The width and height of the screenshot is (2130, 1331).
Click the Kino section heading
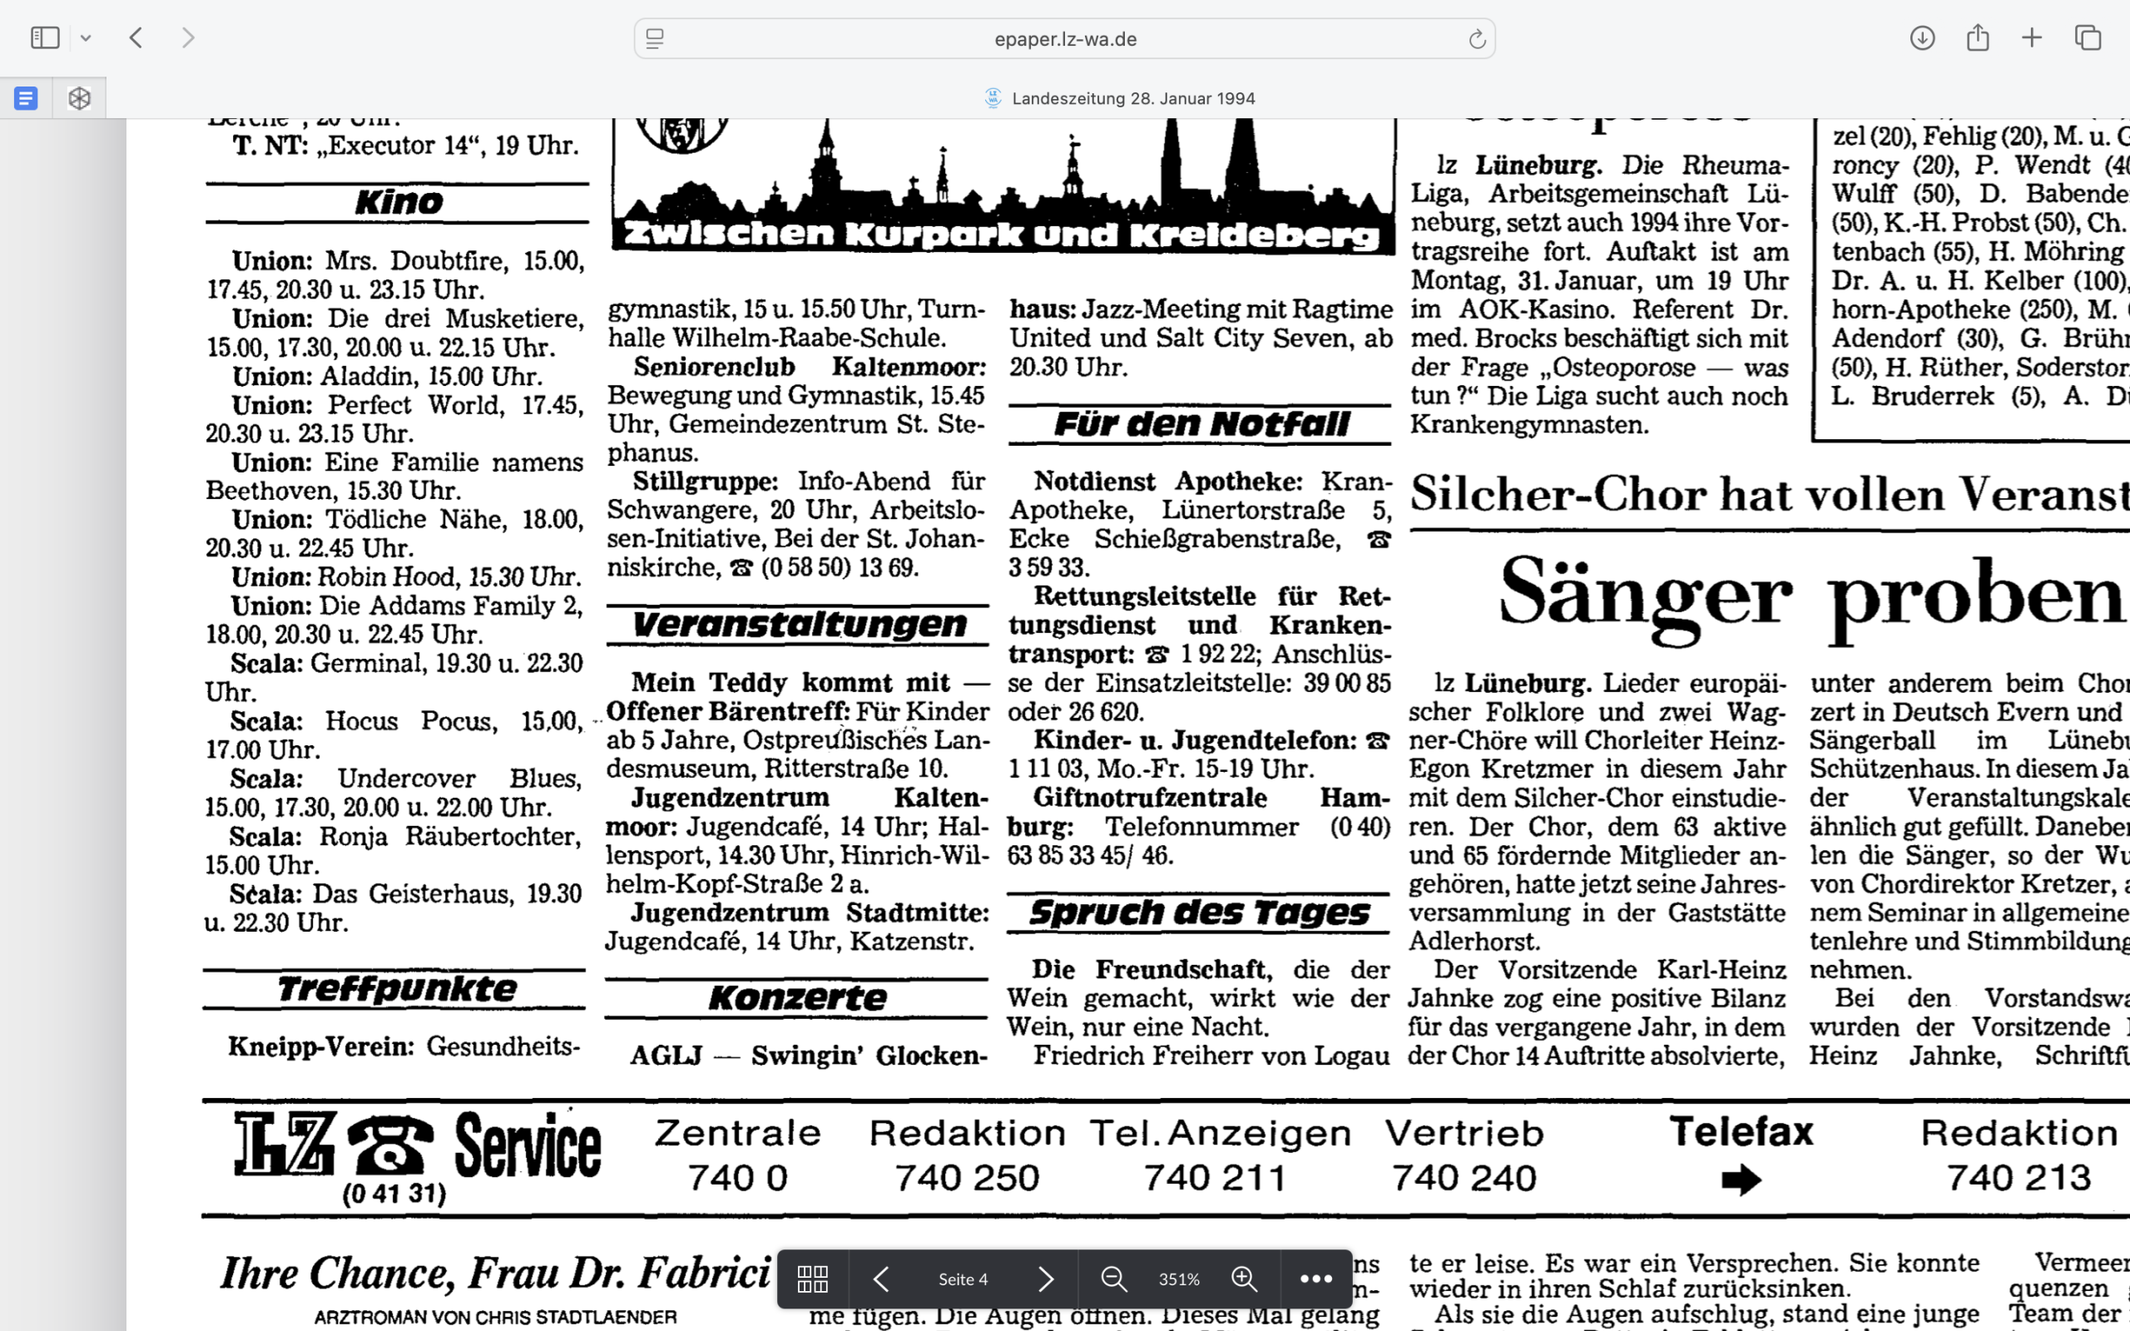tap(399, 202)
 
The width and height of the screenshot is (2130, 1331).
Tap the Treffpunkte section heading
tap(396, 989)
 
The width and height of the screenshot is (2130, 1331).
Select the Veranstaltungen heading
tap(800, 625)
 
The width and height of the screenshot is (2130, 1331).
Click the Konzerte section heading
tap(797, 998)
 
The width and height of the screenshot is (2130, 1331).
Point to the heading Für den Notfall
tap(1201, 425)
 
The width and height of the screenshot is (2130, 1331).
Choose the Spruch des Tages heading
tap(1199, 913)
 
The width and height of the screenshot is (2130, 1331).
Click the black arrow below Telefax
tap(1741, 1180)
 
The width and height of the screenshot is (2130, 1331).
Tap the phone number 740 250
tap(967, 1178)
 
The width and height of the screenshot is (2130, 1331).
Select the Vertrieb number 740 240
tap(1464, 1178)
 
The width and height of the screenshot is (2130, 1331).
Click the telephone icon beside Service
tap(391, 1144)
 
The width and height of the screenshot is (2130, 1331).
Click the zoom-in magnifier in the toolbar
tap(1244, 1279)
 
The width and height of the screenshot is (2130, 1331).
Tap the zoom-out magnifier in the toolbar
tap(1113, 1279)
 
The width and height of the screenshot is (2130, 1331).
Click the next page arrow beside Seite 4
tap(1045, 1279)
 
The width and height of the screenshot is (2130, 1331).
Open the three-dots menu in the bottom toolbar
tap(1315, 1279)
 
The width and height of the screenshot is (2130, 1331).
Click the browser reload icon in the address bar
tap(1476, 39)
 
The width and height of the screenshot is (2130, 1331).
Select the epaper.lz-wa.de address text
tap(1065, 39)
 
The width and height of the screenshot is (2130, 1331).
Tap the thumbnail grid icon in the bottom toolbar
tap(811, 1279)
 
